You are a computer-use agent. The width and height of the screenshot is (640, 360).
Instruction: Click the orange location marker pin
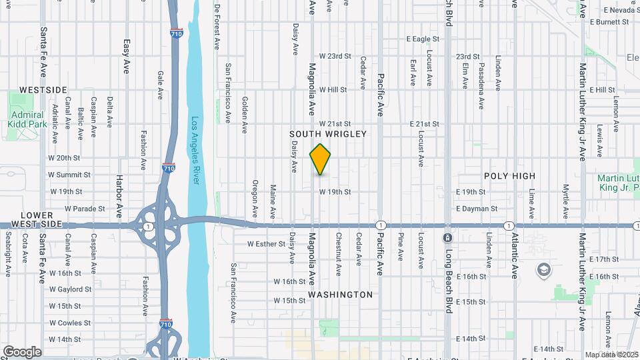321,159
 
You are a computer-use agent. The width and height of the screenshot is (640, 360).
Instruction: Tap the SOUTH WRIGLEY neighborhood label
328,134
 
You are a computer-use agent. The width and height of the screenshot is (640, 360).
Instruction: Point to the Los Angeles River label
195,152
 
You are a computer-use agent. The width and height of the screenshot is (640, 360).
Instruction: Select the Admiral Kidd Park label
27,119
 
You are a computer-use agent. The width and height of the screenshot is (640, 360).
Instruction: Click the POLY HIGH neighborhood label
509,176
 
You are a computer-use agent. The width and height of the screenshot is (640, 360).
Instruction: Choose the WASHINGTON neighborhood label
340,294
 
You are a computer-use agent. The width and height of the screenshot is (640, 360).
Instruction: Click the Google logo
22,352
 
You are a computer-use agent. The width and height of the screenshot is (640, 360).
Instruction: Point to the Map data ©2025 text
611,355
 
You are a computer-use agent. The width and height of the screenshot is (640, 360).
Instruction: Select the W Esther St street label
266,244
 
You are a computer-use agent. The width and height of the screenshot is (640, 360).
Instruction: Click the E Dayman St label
477,209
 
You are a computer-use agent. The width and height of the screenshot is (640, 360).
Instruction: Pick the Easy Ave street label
126,56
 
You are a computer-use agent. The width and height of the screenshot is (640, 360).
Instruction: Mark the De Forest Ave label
217,27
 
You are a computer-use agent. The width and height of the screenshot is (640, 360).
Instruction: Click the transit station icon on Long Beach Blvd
447,237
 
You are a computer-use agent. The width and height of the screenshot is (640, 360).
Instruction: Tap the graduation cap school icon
544,270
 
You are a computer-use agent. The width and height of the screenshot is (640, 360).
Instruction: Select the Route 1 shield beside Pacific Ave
381,225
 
